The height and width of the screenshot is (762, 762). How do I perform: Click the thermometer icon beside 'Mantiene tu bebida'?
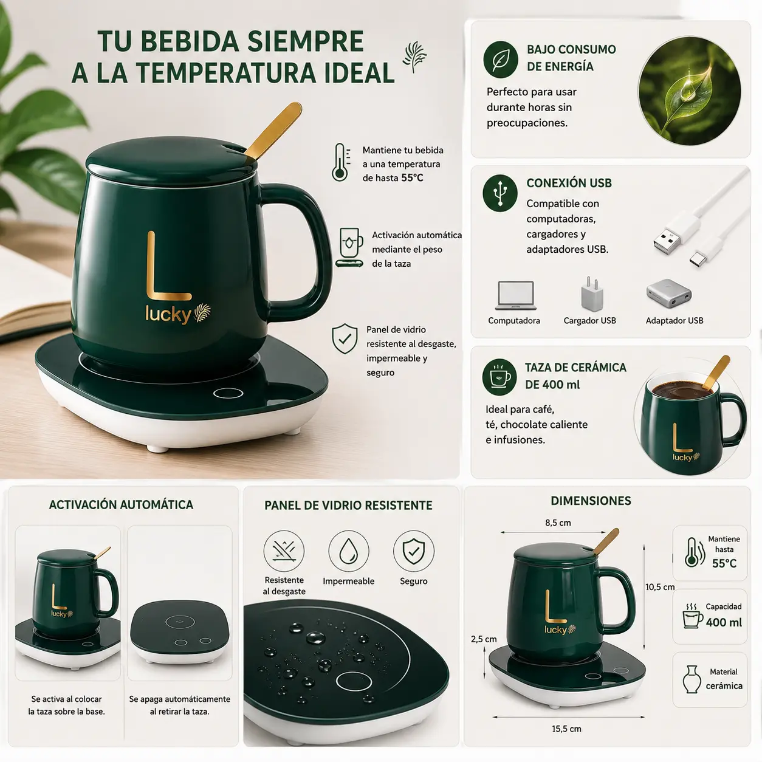click(340, 162)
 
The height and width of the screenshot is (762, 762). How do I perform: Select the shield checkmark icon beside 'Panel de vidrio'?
click(345, 338)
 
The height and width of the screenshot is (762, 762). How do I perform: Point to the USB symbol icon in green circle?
click(500, 193)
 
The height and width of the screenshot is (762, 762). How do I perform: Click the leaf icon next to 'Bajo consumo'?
click(501, 60)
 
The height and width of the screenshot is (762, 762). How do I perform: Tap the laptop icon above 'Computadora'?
click(516, 295)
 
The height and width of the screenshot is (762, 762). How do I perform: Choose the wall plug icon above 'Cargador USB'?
click(592, 294)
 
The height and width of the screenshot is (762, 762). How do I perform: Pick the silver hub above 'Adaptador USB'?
click(669, 294)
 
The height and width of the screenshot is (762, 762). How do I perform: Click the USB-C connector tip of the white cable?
click(698, 260)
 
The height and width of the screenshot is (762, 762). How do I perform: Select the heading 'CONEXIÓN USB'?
click(569, 183)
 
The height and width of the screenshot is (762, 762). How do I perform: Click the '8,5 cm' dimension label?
click(558, 523)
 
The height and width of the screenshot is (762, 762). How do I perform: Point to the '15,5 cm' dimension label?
click(567, 729)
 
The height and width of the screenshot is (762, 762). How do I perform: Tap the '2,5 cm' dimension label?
click(484, 639)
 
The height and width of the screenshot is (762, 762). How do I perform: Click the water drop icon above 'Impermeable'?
click(349, 551)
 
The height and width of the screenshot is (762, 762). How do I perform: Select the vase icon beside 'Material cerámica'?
click(692, 679)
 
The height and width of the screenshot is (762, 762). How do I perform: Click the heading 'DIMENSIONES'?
click(591, 501)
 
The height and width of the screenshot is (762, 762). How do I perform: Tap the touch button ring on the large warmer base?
click(228, 393)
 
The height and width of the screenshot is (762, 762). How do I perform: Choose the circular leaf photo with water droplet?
click(690, 91)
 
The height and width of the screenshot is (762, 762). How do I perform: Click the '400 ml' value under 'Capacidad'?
click(724, 622)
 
